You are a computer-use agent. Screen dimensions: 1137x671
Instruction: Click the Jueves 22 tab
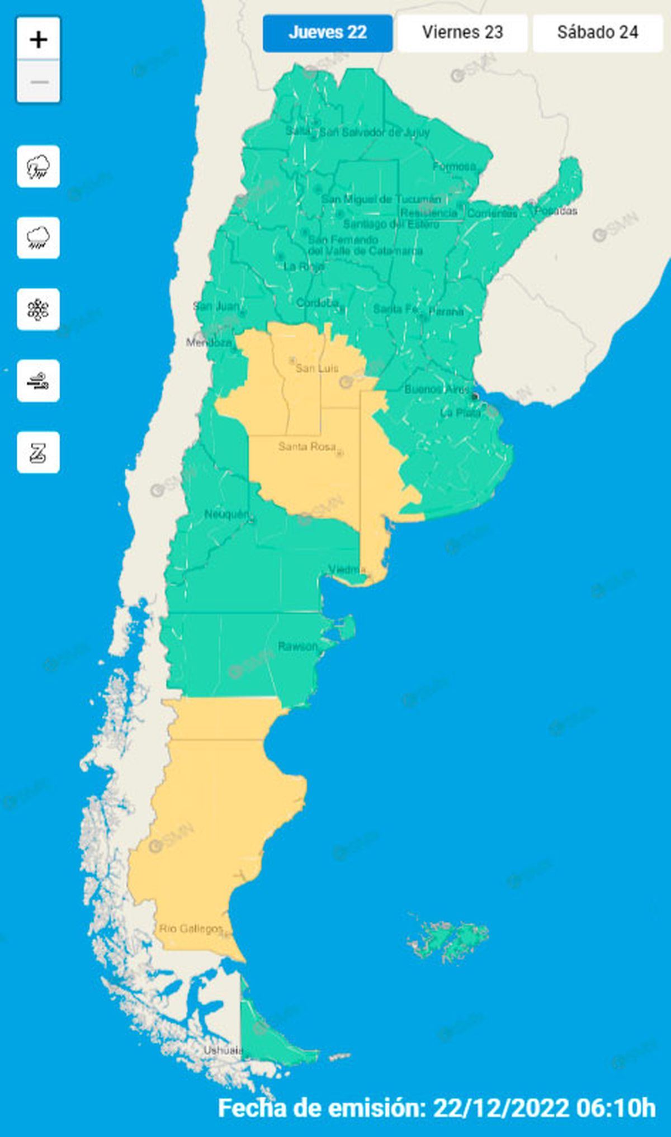click(x=328, y=33)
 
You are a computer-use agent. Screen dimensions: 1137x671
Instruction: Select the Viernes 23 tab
click(x=462, y=33)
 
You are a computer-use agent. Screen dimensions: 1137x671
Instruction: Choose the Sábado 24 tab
click(x=597, y=33)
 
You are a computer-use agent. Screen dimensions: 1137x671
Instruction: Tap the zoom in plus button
click(x=39, y=40)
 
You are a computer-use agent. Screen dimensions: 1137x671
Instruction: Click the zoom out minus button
click(x=39, y=82)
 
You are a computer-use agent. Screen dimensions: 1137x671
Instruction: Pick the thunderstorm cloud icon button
click(x=39, y=167)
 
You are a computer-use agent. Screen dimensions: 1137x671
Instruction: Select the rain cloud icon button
click(x=39, y=238)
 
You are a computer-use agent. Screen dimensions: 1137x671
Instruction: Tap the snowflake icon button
click(x=39, y=310)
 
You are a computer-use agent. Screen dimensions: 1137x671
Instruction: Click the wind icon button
click(x=39, y=381)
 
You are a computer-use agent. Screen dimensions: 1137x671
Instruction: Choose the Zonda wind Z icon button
click(x=39, y=453)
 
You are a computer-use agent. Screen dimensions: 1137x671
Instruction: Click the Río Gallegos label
click(x=191, y=928)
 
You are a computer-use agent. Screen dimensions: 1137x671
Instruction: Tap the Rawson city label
click(x=297, y=646)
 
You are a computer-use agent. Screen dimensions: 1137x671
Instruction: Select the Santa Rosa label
click(x=307, y=446)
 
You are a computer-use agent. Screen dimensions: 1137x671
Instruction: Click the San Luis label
click(x=316, y=368)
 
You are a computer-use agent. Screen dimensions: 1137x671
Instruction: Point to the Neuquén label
click(x=226, y=514)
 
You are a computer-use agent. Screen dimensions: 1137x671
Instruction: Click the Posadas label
click(x=556, y=211)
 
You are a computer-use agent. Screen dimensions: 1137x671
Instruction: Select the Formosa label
click(x=454, y=166)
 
